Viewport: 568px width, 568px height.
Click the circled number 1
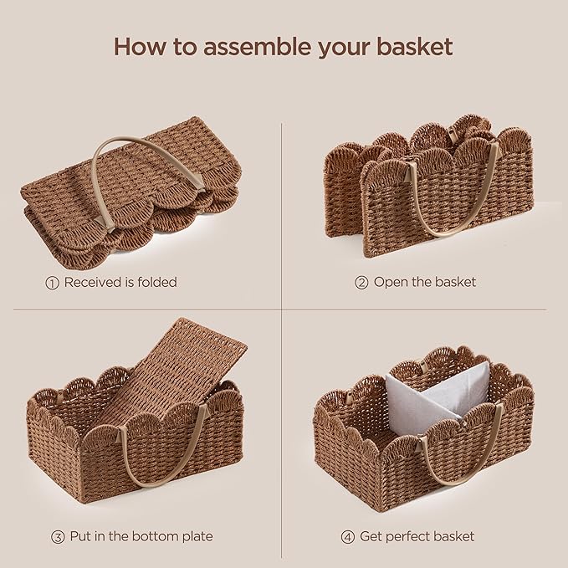point(52,283)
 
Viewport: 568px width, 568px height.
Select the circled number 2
point(361,283)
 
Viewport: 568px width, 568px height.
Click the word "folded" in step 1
point(156,283)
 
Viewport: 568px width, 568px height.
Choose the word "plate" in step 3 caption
point(196,536)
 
